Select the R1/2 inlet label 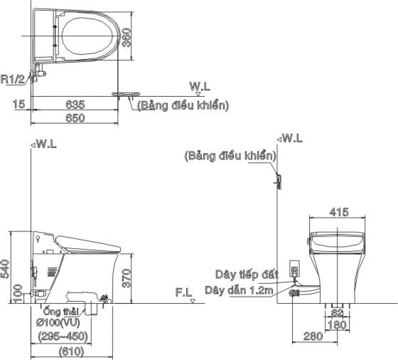(14, 80)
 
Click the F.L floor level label (183, 292)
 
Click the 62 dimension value (338, 312)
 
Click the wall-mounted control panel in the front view (279, 182)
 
